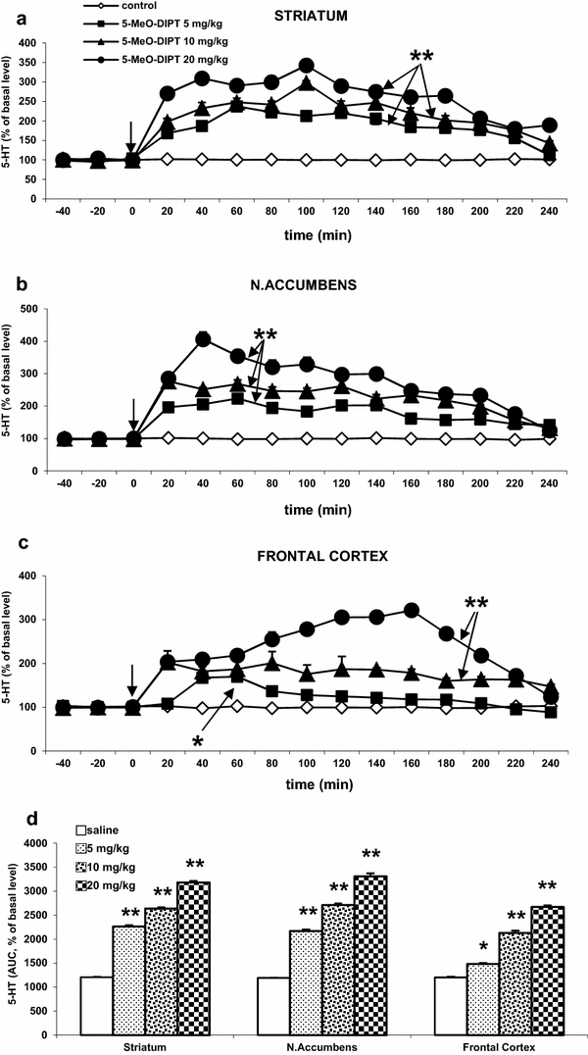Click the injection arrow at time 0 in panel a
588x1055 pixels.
(x=131, y=136)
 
